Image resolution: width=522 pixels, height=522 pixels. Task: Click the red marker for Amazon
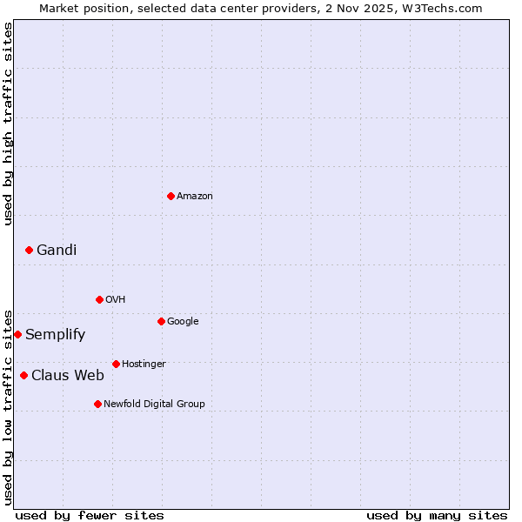(171, 196)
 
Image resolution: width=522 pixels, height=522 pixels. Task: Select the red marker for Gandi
(29, 250)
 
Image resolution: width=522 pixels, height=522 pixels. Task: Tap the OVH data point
(99, 299)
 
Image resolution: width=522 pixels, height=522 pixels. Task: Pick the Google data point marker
(161, 321)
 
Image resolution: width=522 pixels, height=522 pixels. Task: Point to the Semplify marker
(17, 334)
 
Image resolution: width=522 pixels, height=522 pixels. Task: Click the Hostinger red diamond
(116, 364)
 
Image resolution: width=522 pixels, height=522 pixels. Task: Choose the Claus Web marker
(23, 375)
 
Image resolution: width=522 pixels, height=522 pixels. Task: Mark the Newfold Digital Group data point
(97, 404)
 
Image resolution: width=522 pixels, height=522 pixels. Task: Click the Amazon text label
(195, 197)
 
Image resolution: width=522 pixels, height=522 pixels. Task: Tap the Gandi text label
(57, 251)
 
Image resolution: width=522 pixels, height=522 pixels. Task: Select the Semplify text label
(55, 335)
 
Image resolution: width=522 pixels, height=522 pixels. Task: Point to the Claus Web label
(68, 376)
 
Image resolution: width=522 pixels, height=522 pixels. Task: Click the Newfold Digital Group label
(154, 405)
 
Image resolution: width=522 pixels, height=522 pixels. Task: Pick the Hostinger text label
(144, 365)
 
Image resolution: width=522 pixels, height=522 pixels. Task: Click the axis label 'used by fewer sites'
(90, 515)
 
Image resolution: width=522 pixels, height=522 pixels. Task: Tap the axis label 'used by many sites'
(437, 515)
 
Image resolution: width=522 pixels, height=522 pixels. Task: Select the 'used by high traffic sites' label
(9, 124)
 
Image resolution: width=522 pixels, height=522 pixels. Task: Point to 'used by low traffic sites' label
(9, 406)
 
